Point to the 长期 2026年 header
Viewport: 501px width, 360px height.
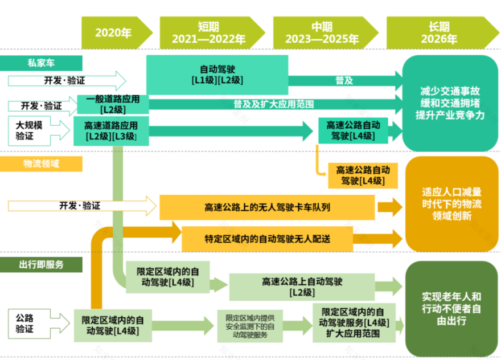click(439, 32)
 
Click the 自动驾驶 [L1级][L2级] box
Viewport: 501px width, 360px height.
click(217, 75)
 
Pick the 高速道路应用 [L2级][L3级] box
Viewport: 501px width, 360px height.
click(112, 130)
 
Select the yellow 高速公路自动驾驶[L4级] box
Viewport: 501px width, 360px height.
click(363, 175)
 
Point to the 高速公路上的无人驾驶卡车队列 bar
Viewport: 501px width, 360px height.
click(267, 207)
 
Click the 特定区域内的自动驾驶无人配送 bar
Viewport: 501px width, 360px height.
click(267, 239)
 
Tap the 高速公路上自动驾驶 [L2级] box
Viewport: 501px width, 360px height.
click(302, 287)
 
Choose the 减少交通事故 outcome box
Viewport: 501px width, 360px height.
click(450, 103)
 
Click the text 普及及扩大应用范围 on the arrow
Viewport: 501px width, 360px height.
click(273, 104)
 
